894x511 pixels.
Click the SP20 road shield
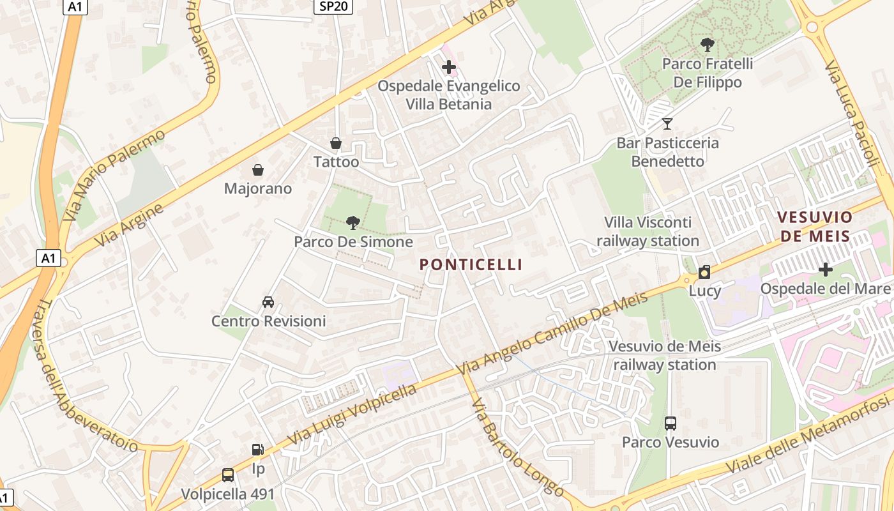click(334, 6)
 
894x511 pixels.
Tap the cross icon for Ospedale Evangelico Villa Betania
click(449, 66)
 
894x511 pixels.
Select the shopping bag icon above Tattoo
click(336, 143)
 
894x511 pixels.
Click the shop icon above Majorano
click(258, 170)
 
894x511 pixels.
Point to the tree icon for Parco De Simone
click(352, 223)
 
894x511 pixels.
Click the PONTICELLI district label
click(471, 264)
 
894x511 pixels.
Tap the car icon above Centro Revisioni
click(268, 301)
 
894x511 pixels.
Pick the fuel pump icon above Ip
click(258, 450)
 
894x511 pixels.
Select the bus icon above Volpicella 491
click(228, 475)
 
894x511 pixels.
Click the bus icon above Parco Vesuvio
click(670, 423)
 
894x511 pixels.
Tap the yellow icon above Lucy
click(704, 272)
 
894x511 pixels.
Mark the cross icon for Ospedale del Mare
click(826, 270)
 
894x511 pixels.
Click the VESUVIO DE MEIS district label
click(815, 227)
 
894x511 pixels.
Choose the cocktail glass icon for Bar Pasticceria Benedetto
click(667, 123)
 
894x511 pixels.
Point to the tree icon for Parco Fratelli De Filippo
click(707, 45)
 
